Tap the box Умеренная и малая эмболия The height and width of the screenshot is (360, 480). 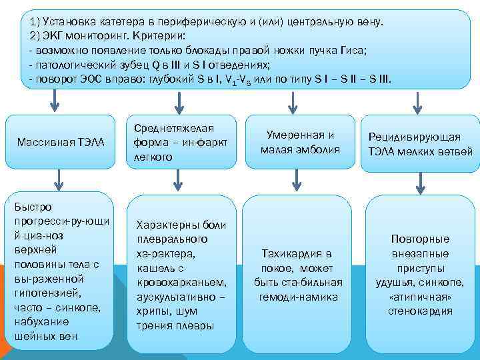[x=300, y=142]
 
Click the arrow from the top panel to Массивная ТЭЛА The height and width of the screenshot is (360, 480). [x=55, y=101]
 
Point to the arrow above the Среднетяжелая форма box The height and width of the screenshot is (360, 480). [x=178, y=101]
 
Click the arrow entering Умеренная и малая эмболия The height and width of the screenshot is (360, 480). [x=293, y=101]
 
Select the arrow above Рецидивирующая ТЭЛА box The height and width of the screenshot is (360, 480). [x=418, y=101]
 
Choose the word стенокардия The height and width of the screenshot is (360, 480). [x=420, y=311]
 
